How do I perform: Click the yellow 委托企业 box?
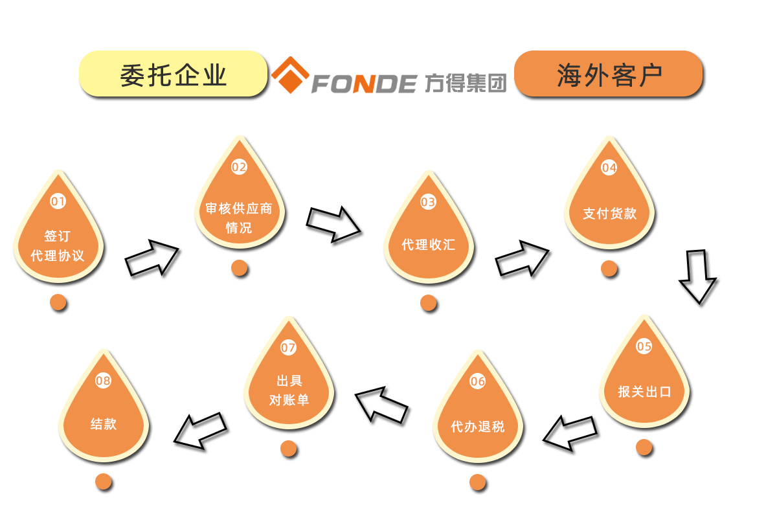173,74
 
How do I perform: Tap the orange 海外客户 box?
609,74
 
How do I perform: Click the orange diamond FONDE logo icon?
289,75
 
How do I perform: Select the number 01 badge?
58,201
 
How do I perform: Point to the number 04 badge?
609,168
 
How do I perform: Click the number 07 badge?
289,348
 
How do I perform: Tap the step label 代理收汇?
429,245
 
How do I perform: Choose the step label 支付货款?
609,213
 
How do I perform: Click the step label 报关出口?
644,392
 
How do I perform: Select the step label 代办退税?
478,427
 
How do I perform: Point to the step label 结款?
104,425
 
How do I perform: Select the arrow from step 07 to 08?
201,430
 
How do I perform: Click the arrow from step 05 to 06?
570,433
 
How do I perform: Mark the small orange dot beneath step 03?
429,303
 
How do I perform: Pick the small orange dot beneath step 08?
104,482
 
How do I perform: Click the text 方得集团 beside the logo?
466,82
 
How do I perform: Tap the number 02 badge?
240,167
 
